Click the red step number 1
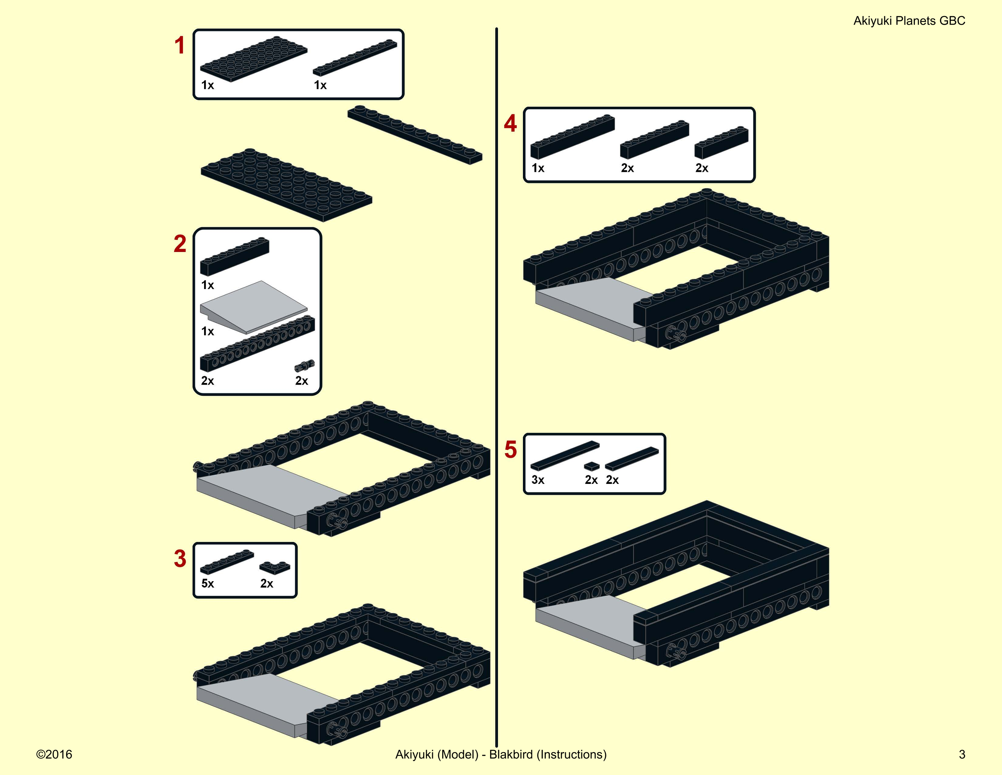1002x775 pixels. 179,46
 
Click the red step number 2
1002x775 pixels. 180,244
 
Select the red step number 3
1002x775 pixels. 180,559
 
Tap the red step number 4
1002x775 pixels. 510,124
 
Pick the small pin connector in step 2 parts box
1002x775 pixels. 305,365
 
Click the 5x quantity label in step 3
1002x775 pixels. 207,584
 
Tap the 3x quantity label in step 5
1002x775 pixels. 538,480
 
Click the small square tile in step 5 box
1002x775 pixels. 592,466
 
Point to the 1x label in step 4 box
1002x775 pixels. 538,168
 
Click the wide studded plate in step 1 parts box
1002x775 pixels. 254,59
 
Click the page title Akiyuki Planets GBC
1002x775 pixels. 909,21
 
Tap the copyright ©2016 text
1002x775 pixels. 54,754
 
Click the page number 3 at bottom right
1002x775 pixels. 962,754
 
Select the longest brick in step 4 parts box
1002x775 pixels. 573,137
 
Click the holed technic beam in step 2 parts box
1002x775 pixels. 257,344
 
